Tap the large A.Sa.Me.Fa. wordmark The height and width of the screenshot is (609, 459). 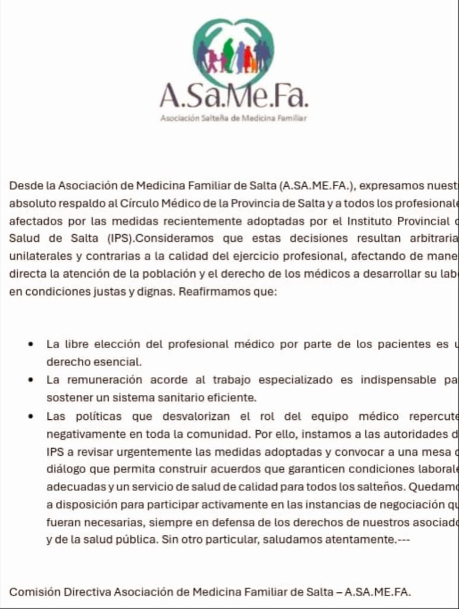tap(233, 96)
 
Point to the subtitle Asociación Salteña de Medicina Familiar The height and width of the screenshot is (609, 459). tap(233, 118)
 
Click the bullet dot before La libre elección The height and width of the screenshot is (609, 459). tap(31, 345)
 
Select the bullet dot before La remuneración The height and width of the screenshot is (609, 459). tap(31, 381)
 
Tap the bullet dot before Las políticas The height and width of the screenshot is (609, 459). tap(31, 417)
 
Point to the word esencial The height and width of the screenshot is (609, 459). tap(117, 362)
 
